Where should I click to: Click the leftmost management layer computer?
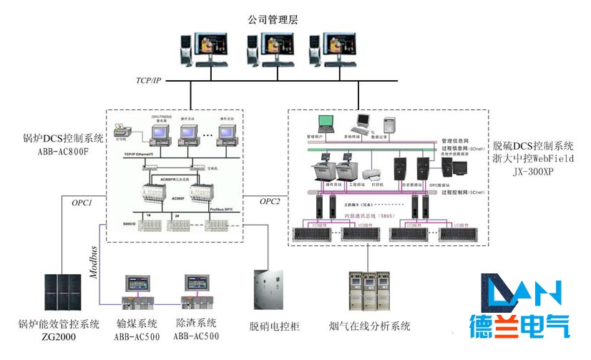pyautogui.click(x=205, y=49)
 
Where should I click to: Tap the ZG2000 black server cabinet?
pyautogui.click(x=61, y=294)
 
